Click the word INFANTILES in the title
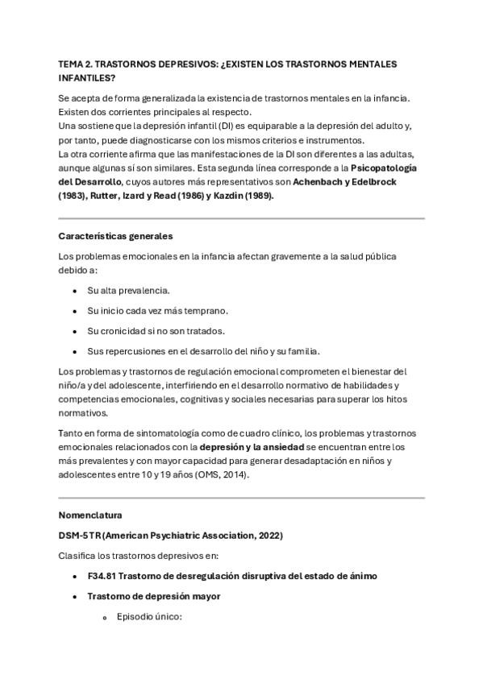[86, 77]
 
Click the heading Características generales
[115, 236]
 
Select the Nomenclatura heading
[90, 515]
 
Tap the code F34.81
[102, 576]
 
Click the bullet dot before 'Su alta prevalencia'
[75, 289]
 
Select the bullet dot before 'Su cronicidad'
[75, 331]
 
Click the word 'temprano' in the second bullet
[207, 310]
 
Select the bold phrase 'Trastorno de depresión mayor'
[153, 596]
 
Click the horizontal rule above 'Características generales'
[241, 217]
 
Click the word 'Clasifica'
[77, 556]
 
